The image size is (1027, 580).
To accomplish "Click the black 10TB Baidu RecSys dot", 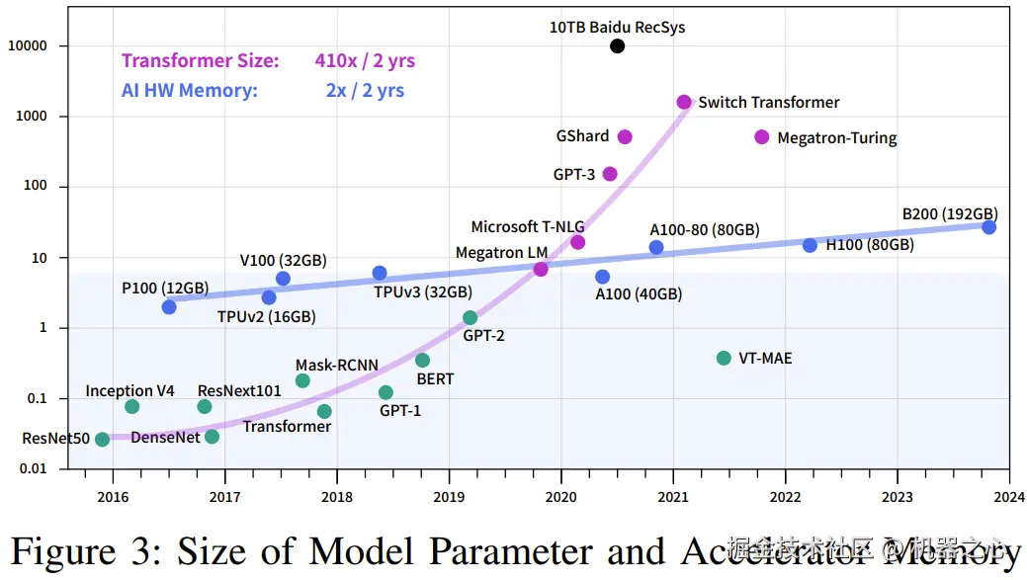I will pos(618,46).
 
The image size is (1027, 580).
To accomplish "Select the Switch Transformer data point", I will pos(684,103).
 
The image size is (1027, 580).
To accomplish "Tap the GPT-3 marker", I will pos(610,174).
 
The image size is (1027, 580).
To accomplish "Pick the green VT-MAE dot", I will pos(724,358).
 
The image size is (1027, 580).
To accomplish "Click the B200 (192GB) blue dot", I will pos(988,227).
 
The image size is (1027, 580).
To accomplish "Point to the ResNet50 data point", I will pos(102,439).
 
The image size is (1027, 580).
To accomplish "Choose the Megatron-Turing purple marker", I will pos(761,137).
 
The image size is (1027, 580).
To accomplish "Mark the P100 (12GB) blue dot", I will pos(169,307).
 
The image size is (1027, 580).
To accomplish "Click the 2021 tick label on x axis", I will pos(673,496).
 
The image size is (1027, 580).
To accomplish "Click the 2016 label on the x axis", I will pos(113,496).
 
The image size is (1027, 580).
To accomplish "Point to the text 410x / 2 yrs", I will pos(365,61).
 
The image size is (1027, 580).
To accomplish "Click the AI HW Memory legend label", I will pos(190,90).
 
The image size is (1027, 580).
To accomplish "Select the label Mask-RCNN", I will pos(336,365).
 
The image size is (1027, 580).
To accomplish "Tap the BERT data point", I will pos(422,361).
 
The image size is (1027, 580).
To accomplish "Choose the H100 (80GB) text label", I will pos(870,245).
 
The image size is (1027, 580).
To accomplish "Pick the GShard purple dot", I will pos(625,137).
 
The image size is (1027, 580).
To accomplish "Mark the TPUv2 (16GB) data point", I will pos(269,297).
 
